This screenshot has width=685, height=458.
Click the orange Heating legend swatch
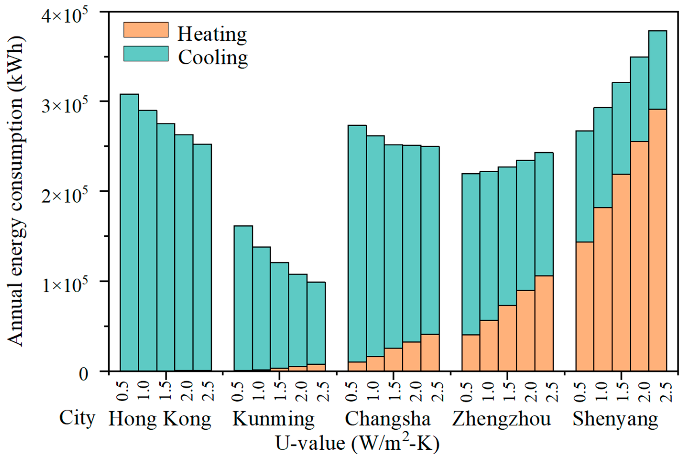(146, 30)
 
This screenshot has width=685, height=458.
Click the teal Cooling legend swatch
(146, 54)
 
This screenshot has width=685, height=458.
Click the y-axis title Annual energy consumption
(16, 191)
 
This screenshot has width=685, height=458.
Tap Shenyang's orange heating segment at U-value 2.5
(658, 240)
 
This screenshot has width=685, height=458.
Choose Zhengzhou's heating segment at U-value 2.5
(544, 323)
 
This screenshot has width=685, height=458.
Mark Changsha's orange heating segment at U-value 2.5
(430, 352)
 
